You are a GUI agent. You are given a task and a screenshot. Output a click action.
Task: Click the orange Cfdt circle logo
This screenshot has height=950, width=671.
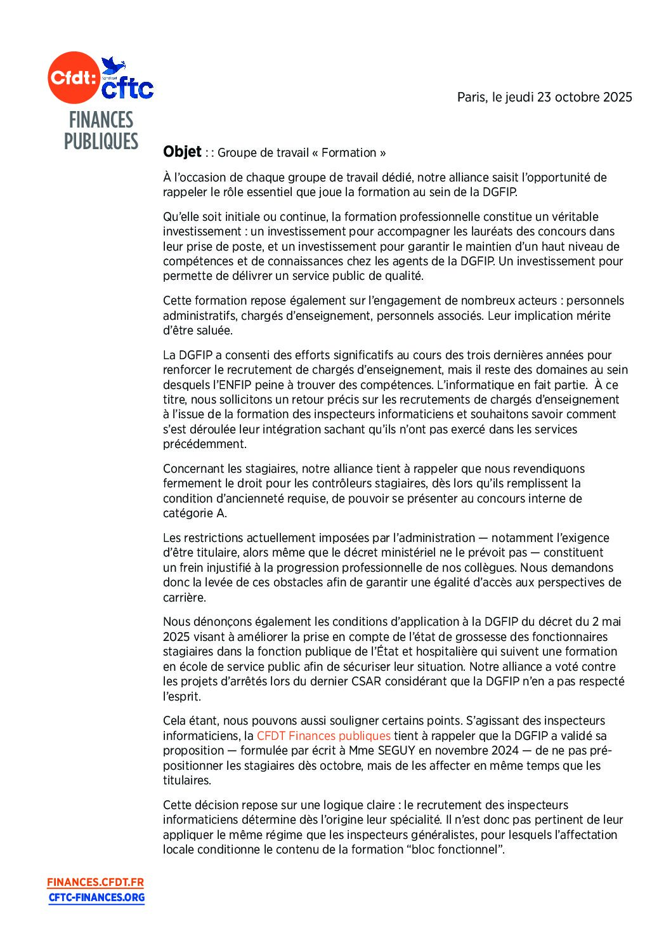(73, 78)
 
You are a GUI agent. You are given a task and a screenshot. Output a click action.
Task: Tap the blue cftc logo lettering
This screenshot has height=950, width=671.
(127, 89)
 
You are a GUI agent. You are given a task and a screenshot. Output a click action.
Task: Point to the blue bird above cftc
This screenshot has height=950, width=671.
(114, 65)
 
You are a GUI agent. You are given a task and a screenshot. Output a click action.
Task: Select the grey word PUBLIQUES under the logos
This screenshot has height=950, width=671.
(101, 142)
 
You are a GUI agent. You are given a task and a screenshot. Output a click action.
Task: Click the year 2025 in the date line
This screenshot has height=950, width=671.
(617, 97)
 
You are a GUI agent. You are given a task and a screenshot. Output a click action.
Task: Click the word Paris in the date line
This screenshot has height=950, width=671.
(471, 97)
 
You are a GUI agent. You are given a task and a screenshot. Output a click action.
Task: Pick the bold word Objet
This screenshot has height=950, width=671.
(182, 152)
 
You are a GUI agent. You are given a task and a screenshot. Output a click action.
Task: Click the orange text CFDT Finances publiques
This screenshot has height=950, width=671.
(323, 736)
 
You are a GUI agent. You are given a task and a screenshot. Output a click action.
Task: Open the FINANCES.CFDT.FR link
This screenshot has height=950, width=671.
(95, 882)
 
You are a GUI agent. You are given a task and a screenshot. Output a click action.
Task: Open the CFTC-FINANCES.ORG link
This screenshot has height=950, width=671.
(96, 897)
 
